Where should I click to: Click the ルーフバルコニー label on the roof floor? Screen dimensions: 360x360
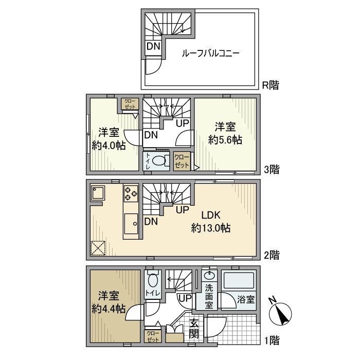210,53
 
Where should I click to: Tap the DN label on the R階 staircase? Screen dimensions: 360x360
153,47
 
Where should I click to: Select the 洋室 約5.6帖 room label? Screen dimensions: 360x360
225,133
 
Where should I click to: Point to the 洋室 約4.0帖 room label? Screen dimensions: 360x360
109,139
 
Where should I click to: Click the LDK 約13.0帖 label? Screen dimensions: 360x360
211,222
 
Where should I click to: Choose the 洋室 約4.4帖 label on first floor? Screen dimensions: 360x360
109,302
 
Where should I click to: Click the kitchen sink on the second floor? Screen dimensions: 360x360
131,224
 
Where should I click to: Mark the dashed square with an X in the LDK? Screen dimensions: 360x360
98,248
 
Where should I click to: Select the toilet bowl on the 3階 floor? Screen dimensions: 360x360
158,160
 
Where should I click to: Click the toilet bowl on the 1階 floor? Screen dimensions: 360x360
153,281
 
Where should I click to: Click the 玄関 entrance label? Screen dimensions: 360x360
194,329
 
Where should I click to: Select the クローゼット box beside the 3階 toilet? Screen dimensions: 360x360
182,161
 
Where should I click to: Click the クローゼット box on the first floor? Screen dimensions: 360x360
153,337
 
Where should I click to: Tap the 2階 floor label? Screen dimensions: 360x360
272,255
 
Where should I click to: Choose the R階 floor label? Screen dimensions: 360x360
271,85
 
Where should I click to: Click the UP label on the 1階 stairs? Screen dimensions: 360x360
185,298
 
